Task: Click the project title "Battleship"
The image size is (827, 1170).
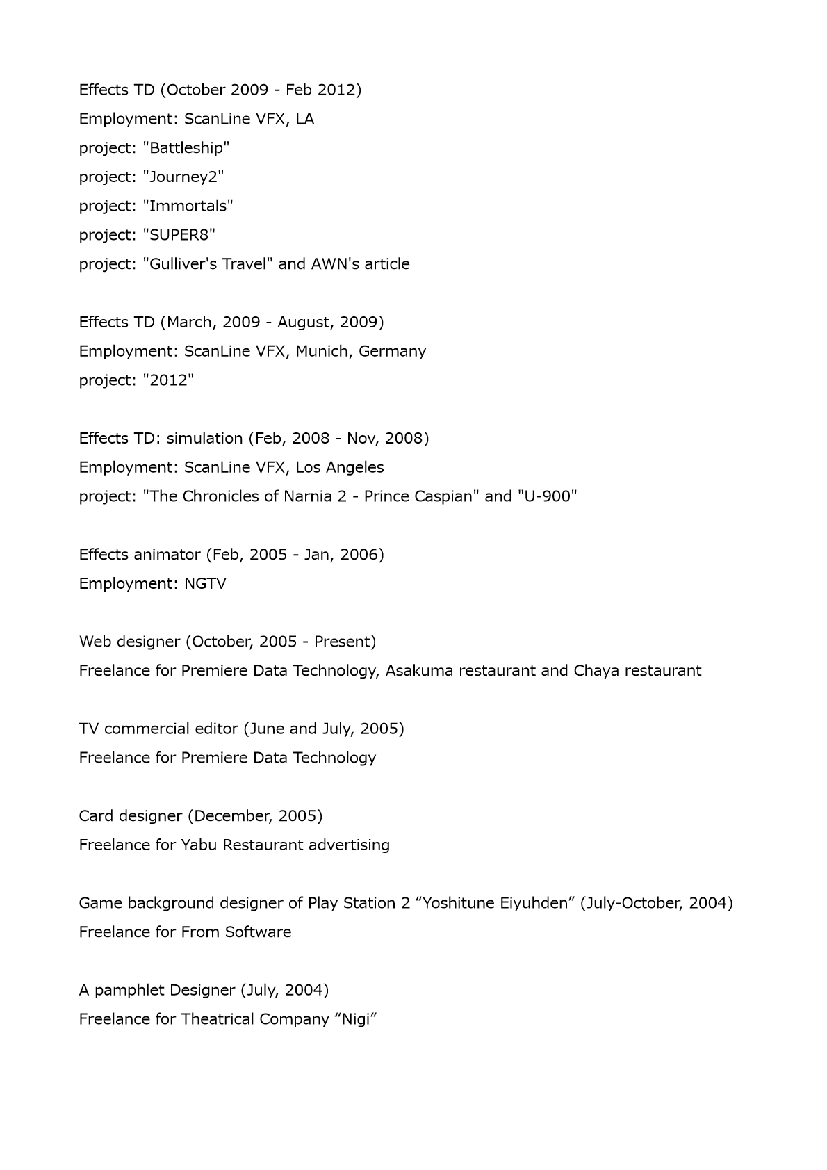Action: coord(186,148)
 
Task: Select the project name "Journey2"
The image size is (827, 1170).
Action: coord(183,177)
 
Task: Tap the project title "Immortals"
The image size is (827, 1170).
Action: coord(188,206)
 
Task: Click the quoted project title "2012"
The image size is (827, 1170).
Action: coord(168,381)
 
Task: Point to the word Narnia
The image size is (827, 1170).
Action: coord(307,496)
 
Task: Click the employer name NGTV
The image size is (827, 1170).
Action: coord(205,584)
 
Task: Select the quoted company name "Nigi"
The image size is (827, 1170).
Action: coord(355,1020)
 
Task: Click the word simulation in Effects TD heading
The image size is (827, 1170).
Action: coord(204,439)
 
